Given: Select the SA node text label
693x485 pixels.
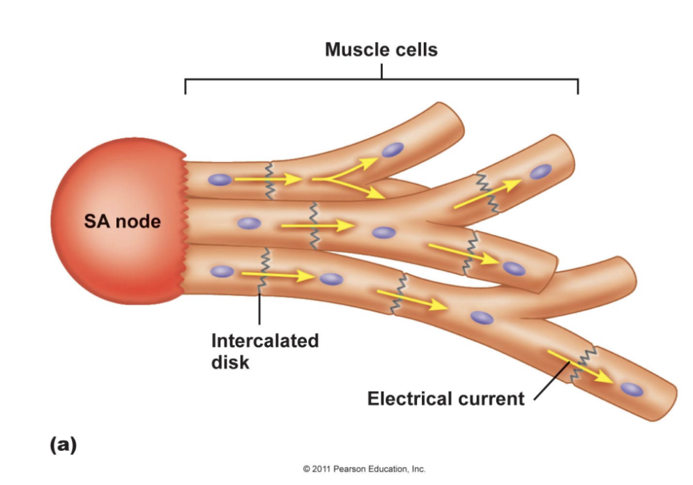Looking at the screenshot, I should [122, 222].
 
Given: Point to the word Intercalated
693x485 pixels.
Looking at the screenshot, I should [265, 341].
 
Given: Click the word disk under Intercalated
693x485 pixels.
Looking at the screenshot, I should [230, 362].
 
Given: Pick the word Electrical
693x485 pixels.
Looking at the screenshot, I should [409, 399].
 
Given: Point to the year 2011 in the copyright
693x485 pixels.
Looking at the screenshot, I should [322, 469].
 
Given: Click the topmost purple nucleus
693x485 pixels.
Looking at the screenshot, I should [393, 149].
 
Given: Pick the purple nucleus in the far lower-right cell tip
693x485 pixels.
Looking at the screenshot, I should [632, 390].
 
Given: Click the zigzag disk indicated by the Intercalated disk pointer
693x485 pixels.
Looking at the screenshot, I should [264, 268].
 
